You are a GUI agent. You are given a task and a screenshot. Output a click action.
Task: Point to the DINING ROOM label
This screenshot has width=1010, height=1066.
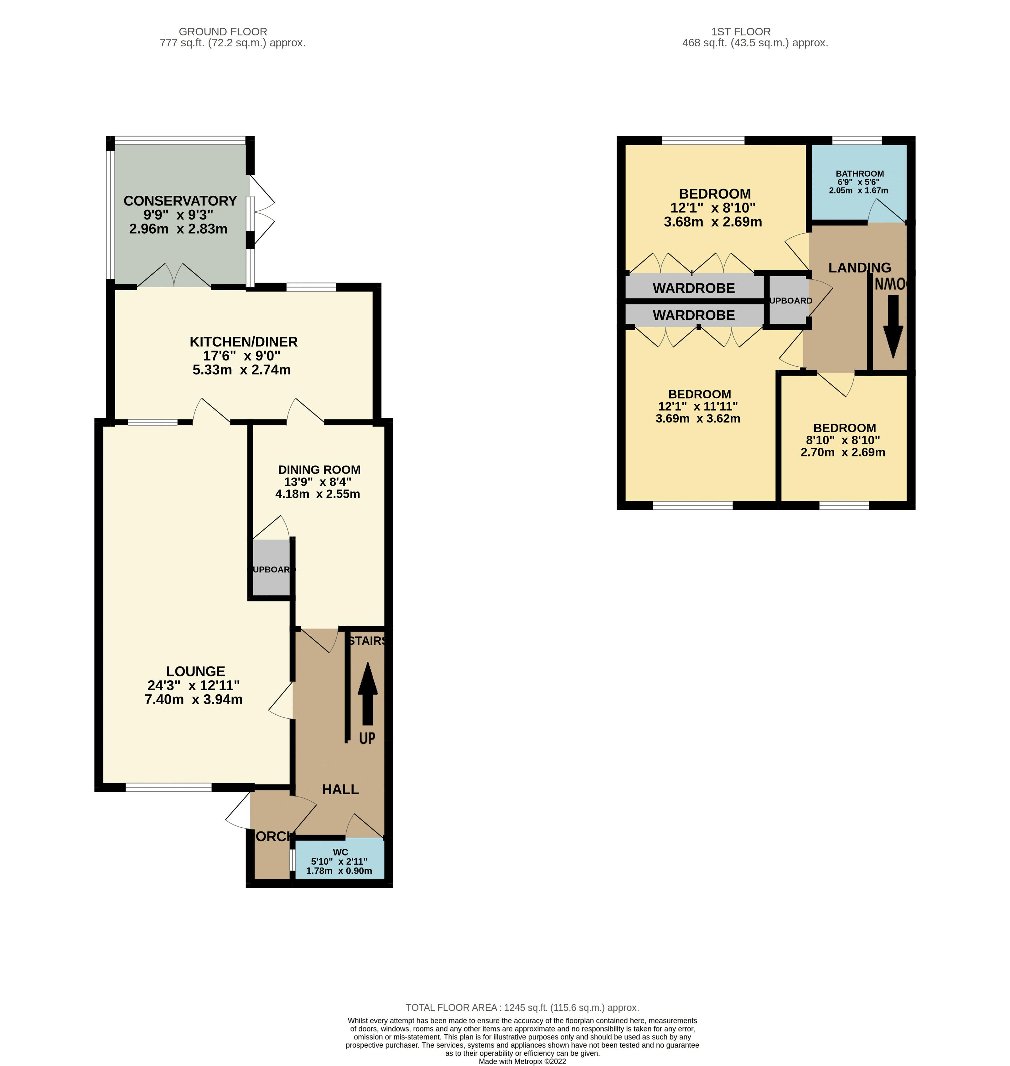click(x=319, y=469)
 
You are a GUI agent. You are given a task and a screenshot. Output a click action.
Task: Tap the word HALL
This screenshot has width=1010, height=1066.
click(x=340, y=789)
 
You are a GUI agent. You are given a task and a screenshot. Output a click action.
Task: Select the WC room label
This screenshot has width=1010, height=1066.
click(x=340, y=852)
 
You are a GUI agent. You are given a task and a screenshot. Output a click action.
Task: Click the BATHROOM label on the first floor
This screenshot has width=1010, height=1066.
click(x=859, y=173)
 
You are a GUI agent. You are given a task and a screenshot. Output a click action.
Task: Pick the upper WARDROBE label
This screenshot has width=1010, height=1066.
click(x=693, y=288)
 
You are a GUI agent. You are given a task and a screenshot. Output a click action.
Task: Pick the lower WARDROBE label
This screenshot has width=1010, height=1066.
click(x=693, y=315)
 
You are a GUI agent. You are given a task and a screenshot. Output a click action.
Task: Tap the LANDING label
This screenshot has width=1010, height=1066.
click(x=859, y=267)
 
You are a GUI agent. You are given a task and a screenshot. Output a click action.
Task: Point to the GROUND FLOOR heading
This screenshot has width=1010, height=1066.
click(x=223, y=32)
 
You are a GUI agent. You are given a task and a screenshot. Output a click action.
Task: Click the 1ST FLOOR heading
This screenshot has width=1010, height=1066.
click(x=741, y=32)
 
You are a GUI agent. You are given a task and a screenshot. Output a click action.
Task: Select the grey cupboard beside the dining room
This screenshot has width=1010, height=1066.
click(x=271, y=569)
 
